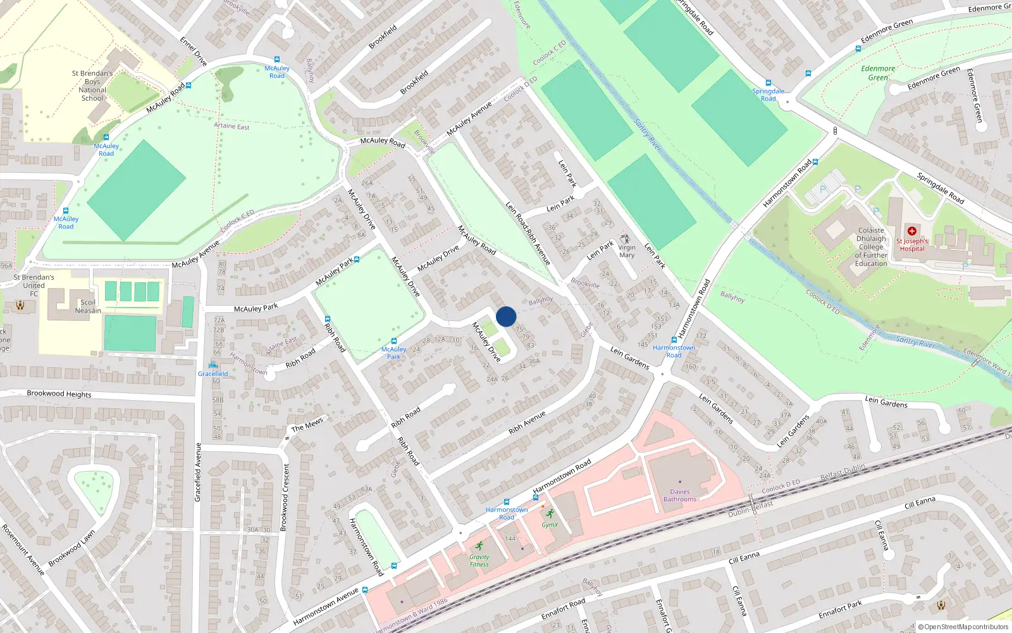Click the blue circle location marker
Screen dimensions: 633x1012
(x=506, y=316)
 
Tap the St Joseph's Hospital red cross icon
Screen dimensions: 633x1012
(x=912, y=231)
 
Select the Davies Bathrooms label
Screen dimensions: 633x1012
(x=680, y=495)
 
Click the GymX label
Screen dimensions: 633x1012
(x=550, y=525)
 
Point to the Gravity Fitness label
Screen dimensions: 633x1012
(x=479, y=561)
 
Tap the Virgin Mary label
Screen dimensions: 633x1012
(x=627, y=251)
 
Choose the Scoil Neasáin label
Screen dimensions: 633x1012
(x=88, y=306)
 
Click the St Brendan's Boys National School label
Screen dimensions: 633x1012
(x=92, y=85)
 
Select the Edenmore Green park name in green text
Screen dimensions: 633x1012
(x=878, y=73)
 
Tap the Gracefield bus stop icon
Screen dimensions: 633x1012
(x=213, y=365)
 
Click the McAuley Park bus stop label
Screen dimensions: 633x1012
(x=393, y=353)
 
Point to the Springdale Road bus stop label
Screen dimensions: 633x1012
(x=768, y=94)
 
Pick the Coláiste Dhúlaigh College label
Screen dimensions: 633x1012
(x=871, y=247)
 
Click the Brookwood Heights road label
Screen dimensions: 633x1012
(x=59, y=394)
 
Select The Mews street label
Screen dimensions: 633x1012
(x=307, y=424)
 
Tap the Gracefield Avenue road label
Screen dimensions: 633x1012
(x=198, y=472)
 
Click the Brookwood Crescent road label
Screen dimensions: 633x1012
(x=285, y=497)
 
